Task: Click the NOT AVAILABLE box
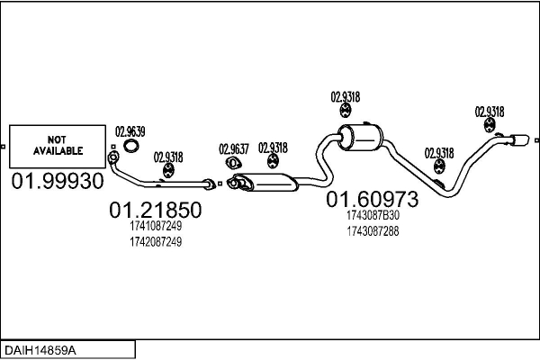tap(58, 145)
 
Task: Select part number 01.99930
tap(58, 182)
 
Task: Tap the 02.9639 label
tap(130, 131)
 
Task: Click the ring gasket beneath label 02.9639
tap(131, 148)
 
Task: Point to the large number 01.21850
tap(155, 211)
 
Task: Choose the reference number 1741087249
tap(156, 226)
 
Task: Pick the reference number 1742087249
tap(156, 242)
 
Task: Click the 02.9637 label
tap(233, 148)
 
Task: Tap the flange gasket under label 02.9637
tap(230, 164)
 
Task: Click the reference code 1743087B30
tap(373, 215)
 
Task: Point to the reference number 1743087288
tap(373, 231)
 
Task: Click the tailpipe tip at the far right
tap(521, 139)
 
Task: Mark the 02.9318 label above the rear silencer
tap(346, 97)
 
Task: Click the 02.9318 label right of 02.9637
tap(274, 148)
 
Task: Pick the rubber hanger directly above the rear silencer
tap(346, 112)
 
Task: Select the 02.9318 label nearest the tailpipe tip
tap(490, 112)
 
